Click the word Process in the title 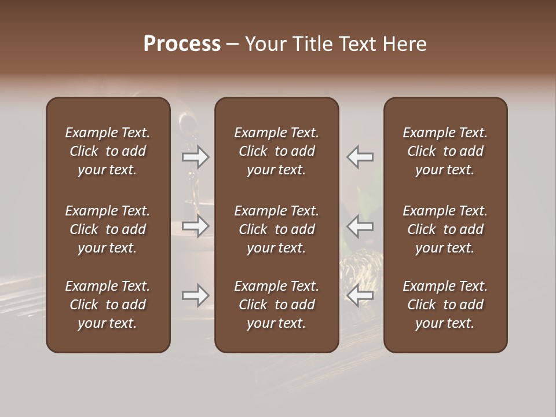(x=182, y=44)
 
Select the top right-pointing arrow (x=196, y=157)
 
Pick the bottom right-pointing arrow (x=196, y=295)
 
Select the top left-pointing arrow (x=360, y=157)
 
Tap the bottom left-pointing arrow (x=360, y=295)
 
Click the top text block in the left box (x=108, y=151)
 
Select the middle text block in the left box (x=108, y=229)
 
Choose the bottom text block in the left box (x=108, y=305)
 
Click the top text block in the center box (x=277, y=151)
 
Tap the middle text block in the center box (x=277, y=229)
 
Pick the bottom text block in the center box (x=277, y=305)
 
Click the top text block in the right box (x=445, y=151)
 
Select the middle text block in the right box (x=445, y=229)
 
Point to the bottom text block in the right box (x=445, y=305)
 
